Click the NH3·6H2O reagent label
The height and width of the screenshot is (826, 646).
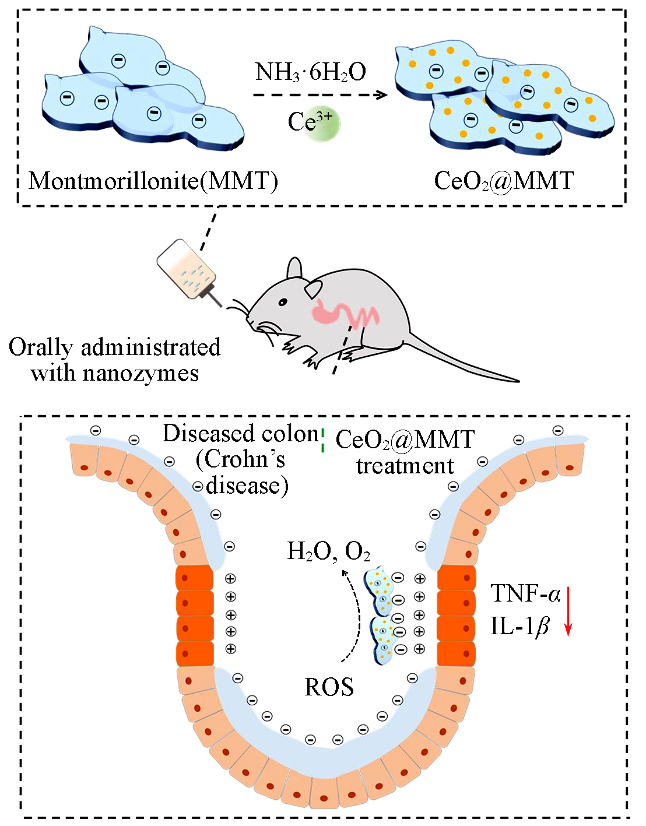[x=310, y=72]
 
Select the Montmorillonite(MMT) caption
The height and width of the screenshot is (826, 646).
[x=153, y=181]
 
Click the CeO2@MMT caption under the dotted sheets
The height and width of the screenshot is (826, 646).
[x=504, y=181]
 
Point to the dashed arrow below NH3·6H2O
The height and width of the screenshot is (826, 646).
[x=320, y=94]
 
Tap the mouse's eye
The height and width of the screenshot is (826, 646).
[x=283, y=302]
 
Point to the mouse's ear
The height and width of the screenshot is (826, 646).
[x=295, y=269]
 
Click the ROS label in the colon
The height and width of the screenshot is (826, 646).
[x=329, y=687]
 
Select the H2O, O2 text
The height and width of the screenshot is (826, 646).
[x=328, y=551]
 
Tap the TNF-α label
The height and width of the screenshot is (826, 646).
[x=525, y=594]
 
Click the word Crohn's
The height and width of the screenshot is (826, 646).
[x=240, y=459]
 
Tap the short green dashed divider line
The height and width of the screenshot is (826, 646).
[x=322, y=441]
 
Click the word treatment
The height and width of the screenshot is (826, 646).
[x=405, y=466]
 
